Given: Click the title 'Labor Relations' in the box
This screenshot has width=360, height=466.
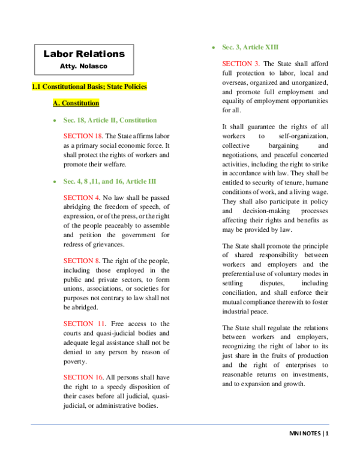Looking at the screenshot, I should [84, 54].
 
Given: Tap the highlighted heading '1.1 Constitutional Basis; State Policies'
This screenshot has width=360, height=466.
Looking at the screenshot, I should [89, 86].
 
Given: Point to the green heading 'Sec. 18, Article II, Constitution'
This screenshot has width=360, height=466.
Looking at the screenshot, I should [110, 120].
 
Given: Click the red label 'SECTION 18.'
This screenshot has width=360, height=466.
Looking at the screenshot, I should [83, 136].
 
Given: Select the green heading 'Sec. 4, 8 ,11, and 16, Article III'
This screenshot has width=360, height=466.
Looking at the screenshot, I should [110, 181].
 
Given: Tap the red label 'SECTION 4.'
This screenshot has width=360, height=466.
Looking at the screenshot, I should [81, 198].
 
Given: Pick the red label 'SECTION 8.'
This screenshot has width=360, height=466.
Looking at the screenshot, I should [81, 261].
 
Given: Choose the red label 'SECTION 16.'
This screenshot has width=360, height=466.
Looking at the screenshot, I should [83, 377].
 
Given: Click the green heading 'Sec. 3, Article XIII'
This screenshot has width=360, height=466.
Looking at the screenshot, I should [250, 47].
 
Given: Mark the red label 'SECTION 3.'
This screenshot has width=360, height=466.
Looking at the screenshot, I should [241, 64].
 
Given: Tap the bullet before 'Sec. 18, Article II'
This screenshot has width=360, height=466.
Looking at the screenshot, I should [55, 121].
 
